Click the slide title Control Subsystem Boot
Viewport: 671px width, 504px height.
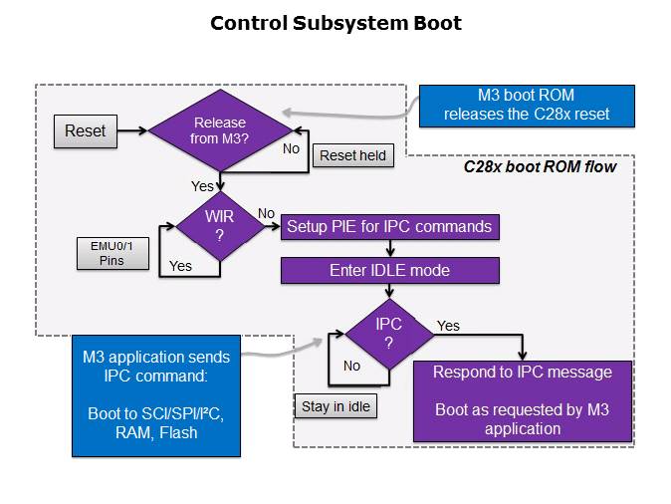tap(335, 23)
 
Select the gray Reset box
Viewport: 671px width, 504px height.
tap(85, 130)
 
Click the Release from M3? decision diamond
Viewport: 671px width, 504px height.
tap(220, 130)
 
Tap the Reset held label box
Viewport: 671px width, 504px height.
tap(352, 155)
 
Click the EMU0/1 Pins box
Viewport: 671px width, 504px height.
tap(113, 253)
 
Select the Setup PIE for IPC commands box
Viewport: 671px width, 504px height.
tap(389, 227)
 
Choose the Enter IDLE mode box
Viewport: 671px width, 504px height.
tap(389, 270)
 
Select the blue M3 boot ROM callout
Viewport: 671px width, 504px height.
tap(526, 105)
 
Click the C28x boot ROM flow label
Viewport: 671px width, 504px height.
tap(540, 166)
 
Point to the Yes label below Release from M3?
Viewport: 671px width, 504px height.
tap(202, 186)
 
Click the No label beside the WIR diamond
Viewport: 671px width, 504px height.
tap(266, 213)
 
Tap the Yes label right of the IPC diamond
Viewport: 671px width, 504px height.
tap(448, 326)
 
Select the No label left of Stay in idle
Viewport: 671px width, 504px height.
tap(351, 366)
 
